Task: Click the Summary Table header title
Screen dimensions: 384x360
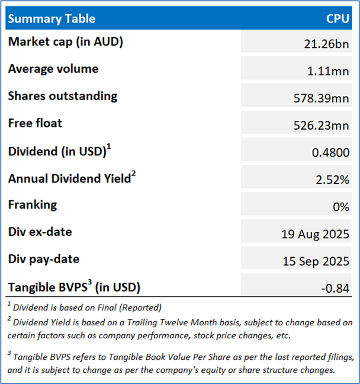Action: point(52,18)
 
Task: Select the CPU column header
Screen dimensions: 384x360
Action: point(338,18)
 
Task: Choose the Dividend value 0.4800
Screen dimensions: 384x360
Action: point(331,152)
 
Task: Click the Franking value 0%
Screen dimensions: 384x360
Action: point(340,207)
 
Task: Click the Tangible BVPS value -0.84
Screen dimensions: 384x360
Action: point(335,288)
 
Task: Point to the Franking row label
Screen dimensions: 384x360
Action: point(33,205)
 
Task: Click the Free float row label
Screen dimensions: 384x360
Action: point(35,123)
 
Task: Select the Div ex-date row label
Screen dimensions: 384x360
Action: point(40,232)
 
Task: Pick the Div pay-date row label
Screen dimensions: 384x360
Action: point(44,260)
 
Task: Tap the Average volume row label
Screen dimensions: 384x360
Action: point(53,69)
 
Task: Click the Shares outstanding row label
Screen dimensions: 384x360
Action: point(63,96)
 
